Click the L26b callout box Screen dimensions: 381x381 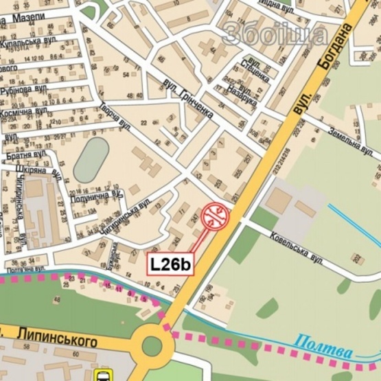point(172,264)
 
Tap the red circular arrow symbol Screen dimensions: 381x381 point(216,216)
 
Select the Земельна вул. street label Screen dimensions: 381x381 point(351,140)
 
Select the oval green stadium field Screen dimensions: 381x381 point(91,160)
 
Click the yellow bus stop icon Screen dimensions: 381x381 point(104,375)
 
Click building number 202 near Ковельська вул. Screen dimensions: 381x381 point(357,257)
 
